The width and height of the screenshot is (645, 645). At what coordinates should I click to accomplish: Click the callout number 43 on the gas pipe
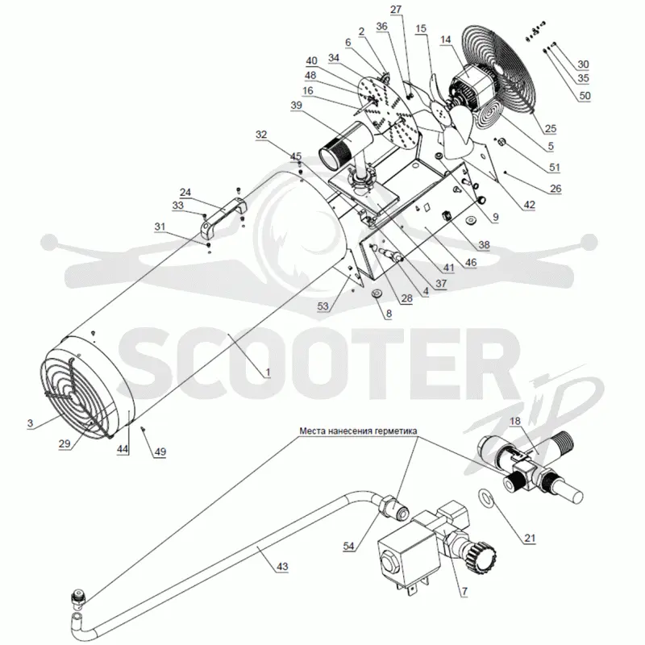[282, 567]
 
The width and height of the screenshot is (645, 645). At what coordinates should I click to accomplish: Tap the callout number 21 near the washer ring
[530, 538]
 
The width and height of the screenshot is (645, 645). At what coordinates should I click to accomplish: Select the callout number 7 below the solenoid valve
[464, 592]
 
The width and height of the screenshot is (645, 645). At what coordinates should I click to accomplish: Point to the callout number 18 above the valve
[515, 421]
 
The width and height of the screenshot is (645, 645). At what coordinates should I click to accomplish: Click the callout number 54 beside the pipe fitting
[349, 547]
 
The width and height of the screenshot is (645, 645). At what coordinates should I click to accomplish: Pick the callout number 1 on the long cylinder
[268, 372]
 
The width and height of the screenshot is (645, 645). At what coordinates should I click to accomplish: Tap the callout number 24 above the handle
[185, 193]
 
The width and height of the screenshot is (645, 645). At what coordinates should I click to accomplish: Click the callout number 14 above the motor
[446, 40]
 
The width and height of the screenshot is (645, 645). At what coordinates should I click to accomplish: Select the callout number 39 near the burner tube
[296, 106]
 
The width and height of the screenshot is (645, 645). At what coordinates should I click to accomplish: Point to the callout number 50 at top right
[585, 96]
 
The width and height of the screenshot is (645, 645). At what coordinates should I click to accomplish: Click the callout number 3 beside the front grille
[30, 424]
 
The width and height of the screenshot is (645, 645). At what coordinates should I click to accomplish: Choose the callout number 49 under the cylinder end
[160, 451]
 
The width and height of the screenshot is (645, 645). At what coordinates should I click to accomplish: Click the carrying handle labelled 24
[223, 218]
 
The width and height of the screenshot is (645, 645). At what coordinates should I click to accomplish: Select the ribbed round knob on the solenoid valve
[485, 555]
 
